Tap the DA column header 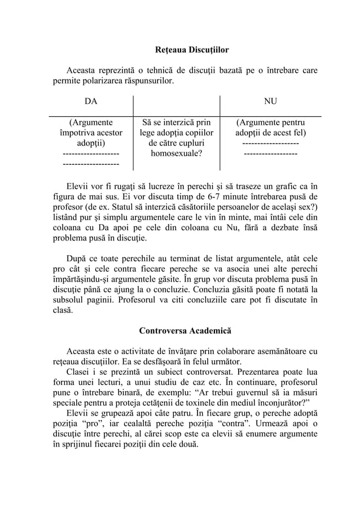90,102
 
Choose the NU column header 270,102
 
